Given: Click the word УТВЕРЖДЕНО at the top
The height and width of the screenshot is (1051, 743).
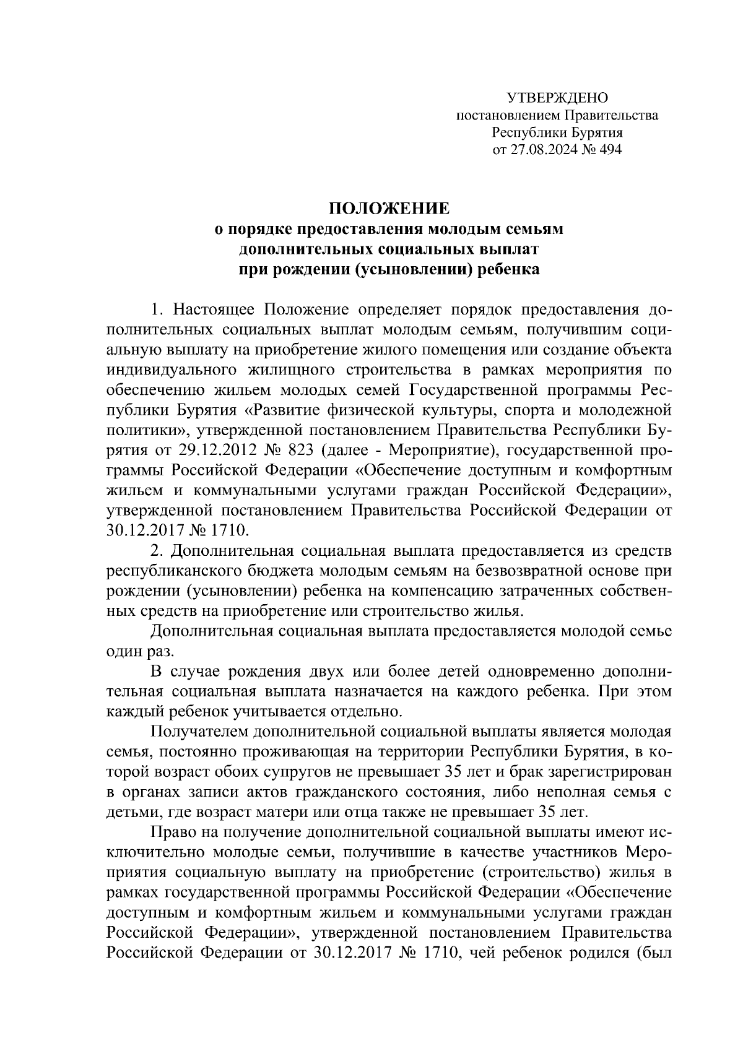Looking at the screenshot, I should [557, 98].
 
